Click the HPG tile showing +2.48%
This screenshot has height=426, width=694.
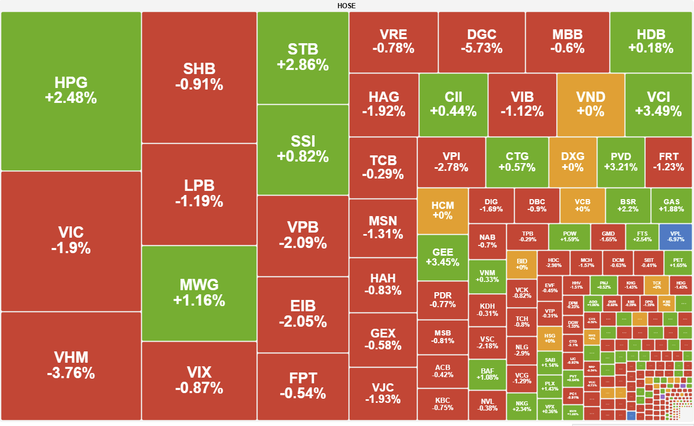coord(71,91)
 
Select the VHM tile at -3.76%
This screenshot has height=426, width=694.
coord(71,365)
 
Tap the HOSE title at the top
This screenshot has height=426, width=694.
coord(346,6)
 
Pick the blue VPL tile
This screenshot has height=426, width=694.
coord(675,236)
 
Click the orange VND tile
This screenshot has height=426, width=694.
coord(591,104)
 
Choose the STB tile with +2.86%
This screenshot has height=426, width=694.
coord(303,57)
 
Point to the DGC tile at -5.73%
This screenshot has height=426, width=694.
coord(482,42)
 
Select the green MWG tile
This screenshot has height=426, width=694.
coord(199,292)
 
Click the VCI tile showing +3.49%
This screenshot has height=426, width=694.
coord(658,104)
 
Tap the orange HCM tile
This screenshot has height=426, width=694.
coord(443,211)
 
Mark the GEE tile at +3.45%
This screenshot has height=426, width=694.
coord(443,257)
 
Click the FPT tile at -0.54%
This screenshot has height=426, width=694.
coord(303,386)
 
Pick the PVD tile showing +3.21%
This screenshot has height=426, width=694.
coord(620,162)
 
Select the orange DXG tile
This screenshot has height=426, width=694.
coord(573,162)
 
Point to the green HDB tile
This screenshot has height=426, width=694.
coord(651,42)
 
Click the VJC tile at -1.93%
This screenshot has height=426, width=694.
coord(383,393)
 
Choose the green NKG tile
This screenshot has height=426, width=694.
coord(521,406)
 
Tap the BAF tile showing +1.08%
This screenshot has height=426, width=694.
coord(487,374)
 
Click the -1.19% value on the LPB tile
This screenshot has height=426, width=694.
coord(199,201)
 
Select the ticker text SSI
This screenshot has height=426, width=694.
coord(303,141)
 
